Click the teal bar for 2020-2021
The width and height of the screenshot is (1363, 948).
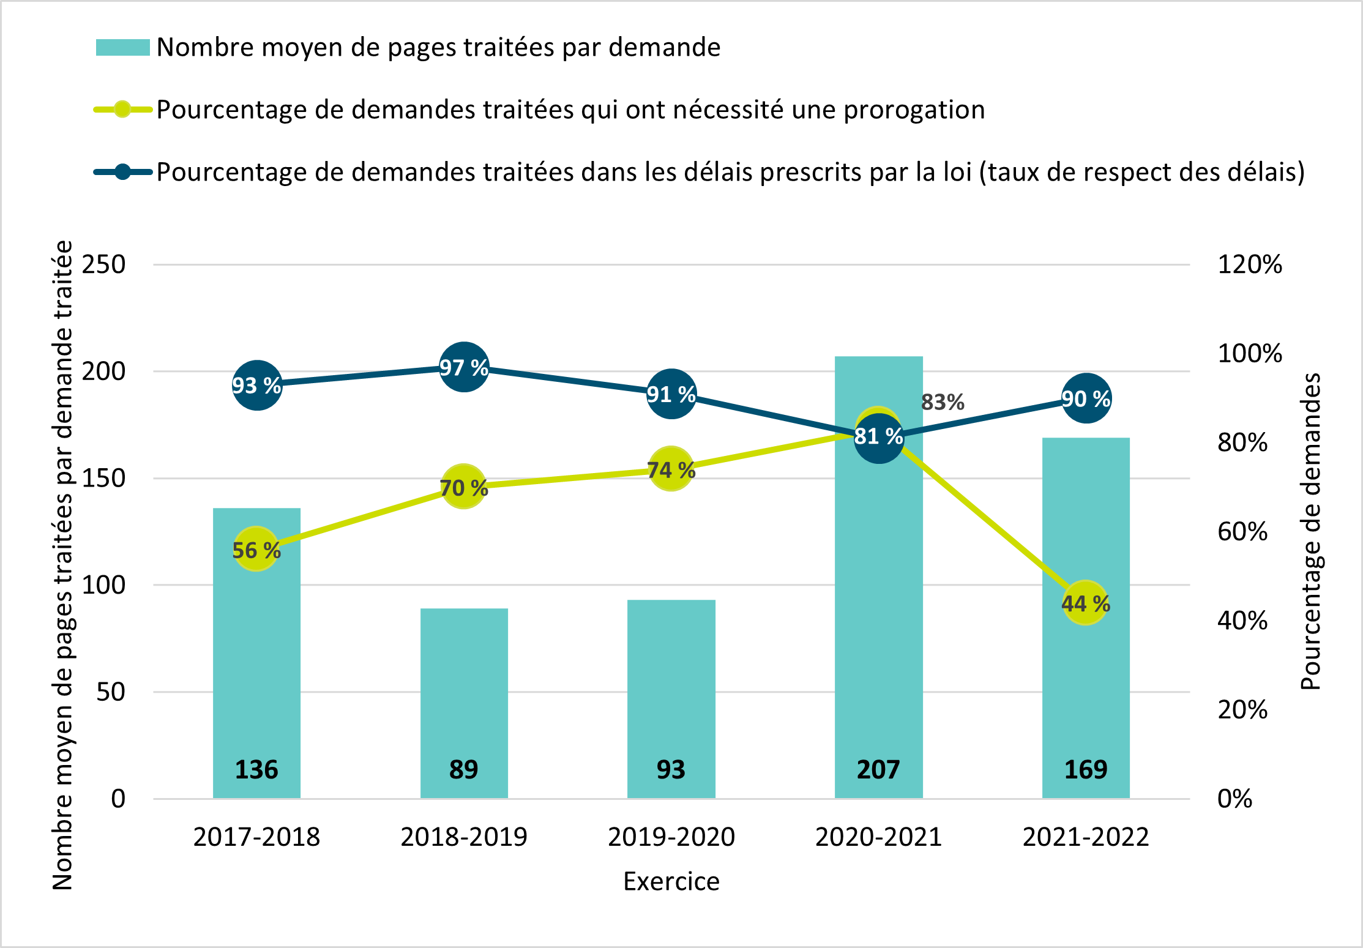coord(878,612)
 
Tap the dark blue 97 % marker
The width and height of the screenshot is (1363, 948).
coord(464,367)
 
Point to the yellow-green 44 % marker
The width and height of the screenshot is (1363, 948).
coord(1085,603)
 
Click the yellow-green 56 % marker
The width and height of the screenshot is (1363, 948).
coord(256,549)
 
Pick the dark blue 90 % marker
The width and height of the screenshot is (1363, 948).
coord(1086,398)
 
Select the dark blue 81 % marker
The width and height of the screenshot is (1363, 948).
coord(879,437)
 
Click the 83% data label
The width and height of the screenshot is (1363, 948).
coord(943,402)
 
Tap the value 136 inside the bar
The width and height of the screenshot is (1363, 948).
coord(256,769)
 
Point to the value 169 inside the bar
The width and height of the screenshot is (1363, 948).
coord(1086,769)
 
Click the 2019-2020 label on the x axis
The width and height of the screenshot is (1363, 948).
coord(671,837)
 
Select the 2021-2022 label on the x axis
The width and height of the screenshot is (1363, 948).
coord(1086,837)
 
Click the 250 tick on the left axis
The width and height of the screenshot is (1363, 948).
coord(103,264)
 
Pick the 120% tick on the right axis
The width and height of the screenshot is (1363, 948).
coord(1249,264)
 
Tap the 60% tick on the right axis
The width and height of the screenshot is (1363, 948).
coord(1242,531)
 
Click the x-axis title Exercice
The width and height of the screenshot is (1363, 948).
coord(671,881)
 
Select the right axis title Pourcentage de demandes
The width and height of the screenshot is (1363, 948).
coord(1310,531)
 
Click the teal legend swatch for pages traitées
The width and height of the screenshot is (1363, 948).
coord(122,48)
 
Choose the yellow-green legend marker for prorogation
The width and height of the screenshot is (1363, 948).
coord(122,110)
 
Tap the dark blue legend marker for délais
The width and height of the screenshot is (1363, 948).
coord(122,172)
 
